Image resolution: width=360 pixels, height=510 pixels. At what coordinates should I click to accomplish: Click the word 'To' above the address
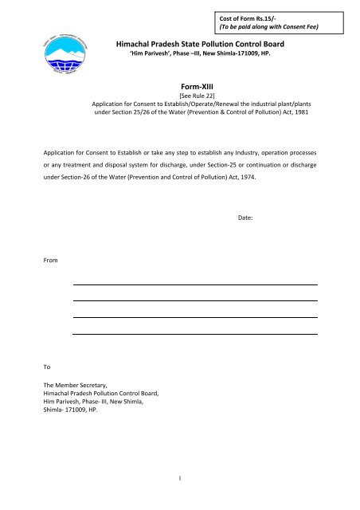(48, 367)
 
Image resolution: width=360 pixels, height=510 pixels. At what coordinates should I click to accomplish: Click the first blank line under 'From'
(194, 284)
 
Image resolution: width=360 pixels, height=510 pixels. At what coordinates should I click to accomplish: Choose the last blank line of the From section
(194, 335)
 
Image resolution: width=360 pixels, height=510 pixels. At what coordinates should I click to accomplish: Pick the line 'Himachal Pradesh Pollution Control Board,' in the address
(102, 394)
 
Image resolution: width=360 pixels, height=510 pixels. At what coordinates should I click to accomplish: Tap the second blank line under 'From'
(194, 300)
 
